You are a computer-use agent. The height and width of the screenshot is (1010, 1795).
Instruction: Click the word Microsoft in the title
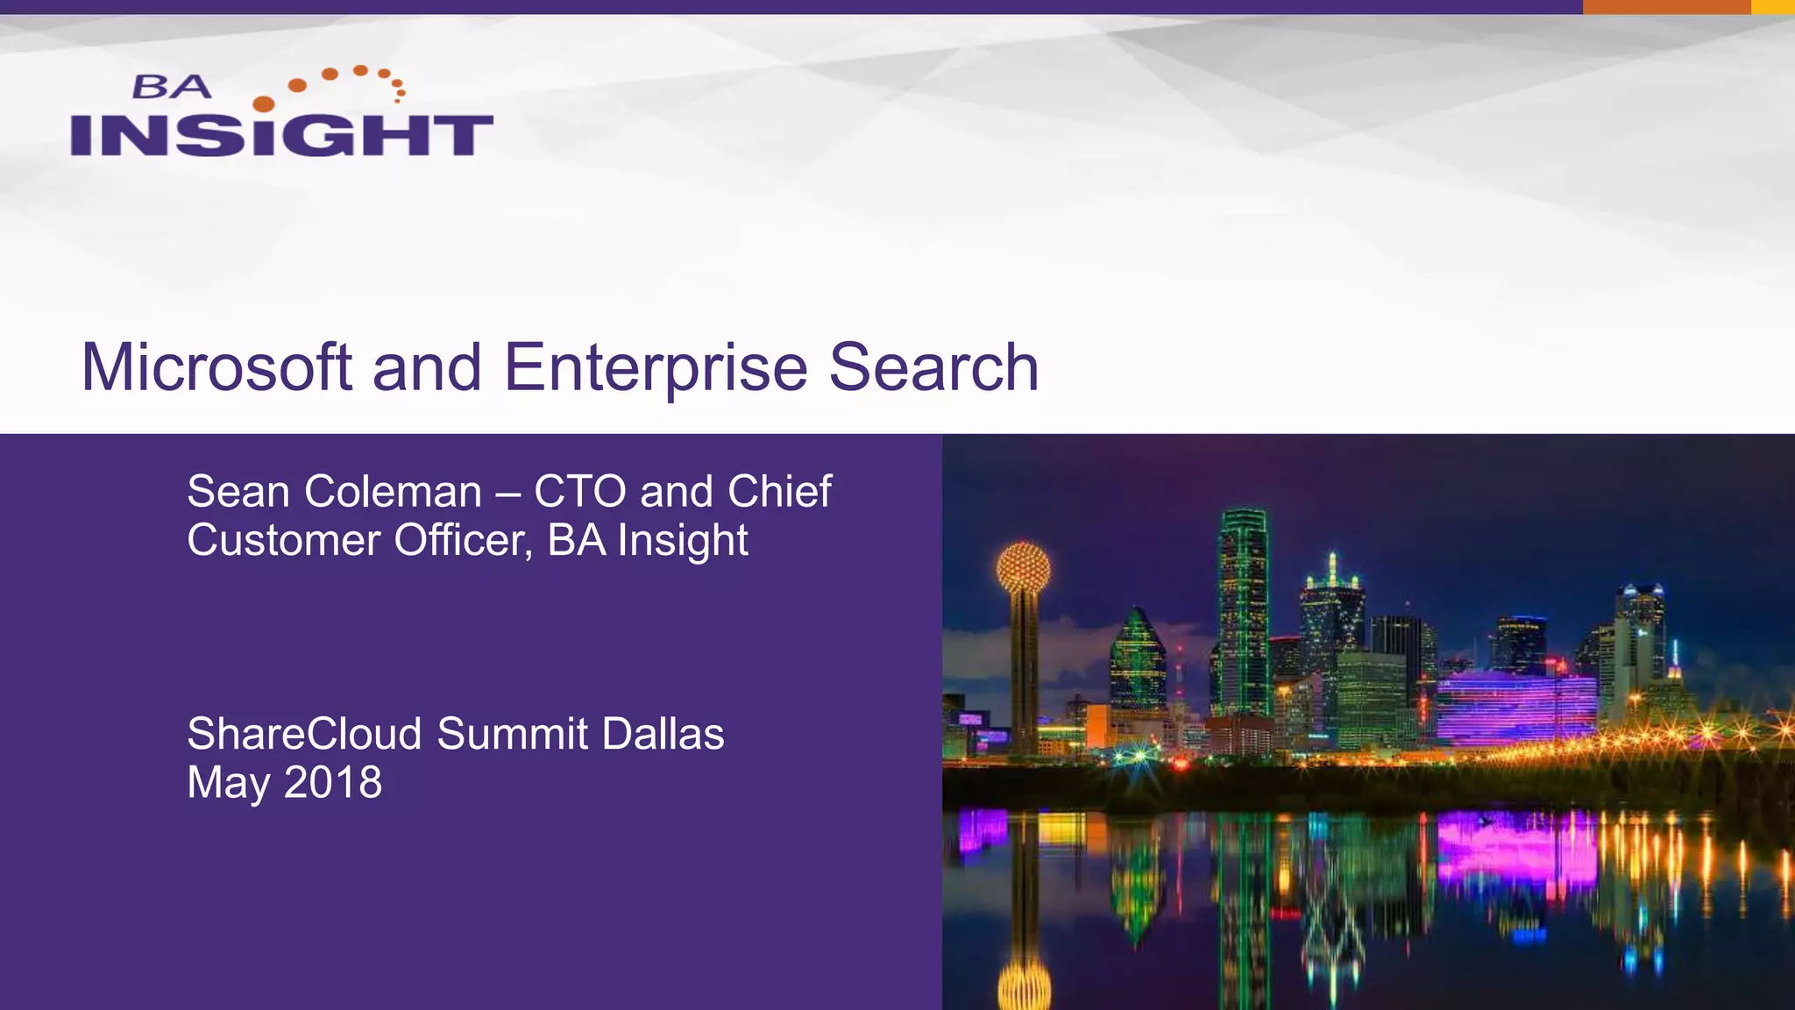coord(216,367)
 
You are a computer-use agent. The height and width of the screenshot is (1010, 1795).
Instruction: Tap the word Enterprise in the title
coord(655,367)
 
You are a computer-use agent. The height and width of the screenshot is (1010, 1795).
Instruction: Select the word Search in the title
coord(933,367)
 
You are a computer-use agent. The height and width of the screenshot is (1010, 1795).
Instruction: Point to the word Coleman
coord(394,492)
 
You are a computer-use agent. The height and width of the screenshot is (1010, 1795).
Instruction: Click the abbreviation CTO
coord(580,492)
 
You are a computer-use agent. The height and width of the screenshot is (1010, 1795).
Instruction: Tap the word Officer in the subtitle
coord(463,541)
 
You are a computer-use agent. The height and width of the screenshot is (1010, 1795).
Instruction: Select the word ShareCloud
coord(304,734)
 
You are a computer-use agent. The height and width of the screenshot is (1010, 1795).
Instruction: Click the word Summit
coord(512,734)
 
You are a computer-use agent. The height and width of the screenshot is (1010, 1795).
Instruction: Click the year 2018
coord(333,782)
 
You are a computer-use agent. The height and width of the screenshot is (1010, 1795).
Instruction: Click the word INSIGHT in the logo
coord(281,135)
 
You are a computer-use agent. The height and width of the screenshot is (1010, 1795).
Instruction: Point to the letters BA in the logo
coord(172,87)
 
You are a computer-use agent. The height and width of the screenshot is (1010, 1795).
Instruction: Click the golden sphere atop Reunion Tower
coord(1023,566)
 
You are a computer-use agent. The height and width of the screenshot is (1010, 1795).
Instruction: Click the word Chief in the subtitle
coord(779,492)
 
